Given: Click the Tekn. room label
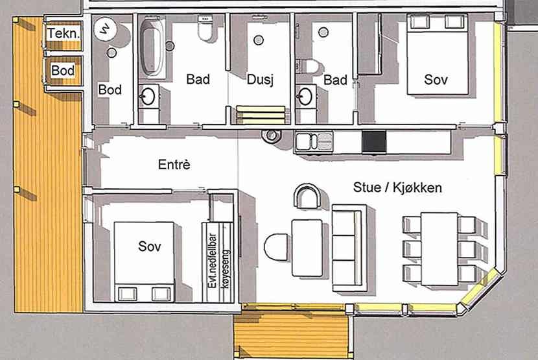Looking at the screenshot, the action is click(x=64, y=34).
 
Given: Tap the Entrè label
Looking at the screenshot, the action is click(x=174, y=165).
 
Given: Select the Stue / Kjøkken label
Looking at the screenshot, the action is click(x=397, y=187).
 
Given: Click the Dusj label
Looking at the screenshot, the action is click(x=260, y=80).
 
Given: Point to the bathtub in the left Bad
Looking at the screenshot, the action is click(x=152, y=47).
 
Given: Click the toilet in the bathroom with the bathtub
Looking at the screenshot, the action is click(x=205, y=28).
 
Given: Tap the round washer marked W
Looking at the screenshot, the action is click(x=106, y=29).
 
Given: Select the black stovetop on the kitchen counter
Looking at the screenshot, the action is click(x=374, y=141).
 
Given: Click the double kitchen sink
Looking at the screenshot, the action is click(x=314, y=141).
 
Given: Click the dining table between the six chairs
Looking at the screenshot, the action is click(x=439, y=248).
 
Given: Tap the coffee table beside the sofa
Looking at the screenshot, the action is click(x=307, y=248).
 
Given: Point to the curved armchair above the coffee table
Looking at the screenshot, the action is click(x=307, y=195).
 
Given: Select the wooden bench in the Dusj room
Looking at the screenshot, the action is click(x=261, y=115).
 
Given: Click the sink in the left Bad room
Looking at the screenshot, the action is click(x=148, y=96).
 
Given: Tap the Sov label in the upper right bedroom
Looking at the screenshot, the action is click(x=436, y=80).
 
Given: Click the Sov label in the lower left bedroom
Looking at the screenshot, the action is click(x=149, y=246).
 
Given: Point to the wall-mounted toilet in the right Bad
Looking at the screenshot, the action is click(x=308, y=66).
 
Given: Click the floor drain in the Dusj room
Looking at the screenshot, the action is click(x=259, y=40).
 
